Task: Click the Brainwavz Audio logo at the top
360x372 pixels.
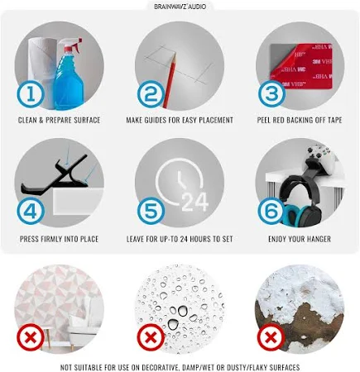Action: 180,7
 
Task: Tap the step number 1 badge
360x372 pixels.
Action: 31,94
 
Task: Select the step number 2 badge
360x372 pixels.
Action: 151,94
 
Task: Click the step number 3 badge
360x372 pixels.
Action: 271,94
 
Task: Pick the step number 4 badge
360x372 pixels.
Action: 31,212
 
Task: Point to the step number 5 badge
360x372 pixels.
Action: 151,212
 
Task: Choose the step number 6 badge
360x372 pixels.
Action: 271,212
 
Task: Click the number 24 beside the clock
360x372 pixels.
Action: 195,203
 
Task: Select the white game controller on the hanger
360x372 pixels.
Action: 321,160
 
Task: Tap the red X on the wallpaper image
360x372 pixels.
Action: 31,337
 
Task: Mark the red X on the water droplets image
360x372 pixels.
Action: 151,337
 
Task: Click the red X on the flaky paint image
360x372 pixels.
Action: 271,337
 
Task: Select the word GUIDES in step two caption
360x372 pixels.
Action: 162,120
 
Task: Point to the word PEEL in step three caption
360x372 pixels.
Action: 265,120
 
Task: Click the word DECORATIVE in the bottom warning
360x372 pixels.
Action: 159,367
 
